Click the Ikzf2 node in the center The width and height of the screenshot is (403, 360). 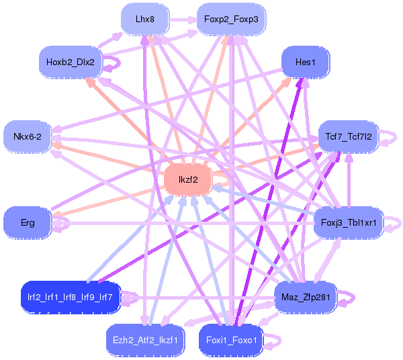[188, 180]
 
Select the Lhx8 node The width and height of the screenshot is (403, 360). [144, 19]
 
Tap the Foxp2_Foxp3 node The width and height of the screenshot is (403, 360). [230, 19]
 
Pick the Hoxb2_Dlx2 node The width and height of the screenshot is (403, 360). [70, 62]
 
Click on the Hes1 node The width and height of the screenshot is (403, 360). [304, 62]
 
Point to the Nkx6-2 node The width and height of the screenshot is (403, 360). [28, 136]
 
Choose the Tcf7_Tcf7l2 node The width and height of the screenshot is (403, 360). [349, 136]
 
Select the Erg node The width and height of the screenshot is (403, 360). [28, 222]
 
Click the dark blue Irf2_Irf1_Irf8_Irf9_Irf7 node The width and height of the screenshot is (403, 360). [70, 296]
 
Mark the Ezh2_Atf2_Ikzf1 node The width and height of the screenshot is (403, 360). [144, 340]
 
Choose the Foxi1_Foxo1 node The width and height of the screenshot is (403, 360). [230, 340]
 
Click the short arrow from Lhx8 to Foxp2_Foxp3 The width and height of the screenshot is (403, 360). [181, 20]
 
